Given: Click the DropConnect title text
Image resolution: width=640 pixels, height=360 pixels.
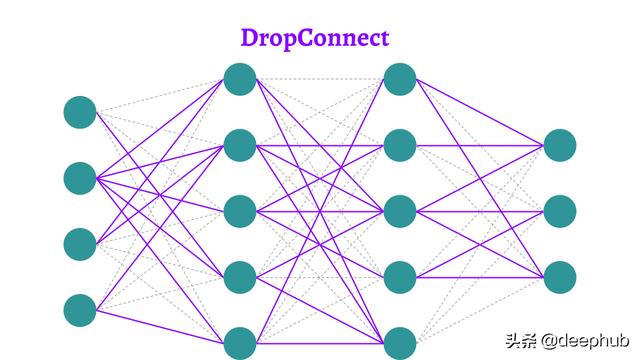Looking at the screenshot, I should point(314,38).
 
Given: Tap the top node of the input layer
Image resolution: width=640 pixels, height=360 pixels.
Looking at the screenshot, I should point(80,113).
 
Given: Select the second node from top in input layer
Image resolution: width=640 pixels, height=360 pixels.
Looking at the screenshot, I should point(80,178).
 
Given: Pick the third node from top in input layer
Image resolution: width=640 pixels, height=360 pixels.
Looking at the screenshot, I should point(80,243).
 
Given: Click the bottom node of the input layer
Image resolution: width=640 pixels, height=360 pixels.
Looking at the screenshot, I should point(80,309).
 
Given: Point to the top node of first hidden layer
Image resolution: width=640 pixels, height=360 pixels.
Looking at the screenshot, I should point(240,79).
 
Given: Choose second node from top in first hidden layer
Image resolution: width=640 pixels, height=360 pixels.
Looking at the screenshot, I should point(240,145).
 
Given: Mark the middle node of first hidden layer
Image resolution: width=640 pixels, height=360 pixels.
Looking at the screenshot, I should point(240,211).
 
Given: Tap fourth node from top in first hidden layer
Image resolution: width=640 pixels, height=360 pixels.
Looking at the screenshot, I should point(240,277).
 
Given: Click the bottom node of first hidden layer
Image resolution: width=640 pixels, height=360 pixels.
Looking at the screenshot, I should point(240,342).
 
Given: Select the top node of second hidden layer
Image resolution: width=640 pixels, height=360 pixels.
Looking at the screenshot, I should point(400,79).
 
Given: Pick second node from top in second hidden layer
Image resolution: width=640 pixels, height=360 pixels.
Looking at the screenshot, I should point(400,145).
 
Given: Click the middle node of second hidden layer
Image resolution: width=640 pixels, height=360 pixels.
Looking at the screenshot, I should point(400,211).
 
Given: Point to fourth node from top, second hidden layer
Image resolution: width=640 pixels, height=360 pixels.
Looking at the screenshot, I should point(400,277).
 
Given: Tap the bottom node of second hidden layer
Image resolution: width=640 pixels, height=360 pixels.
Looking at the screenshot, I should point(400,342).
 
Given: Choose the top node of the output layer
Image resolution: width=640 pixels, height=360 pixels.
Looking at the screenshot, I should point(560,145).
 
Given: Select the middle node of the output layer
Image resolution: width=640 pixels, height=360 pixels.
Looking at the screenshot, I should point(560,211).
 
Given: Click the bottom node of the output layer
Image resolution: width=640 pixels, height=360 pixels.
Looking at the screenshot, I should point(560,277).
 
